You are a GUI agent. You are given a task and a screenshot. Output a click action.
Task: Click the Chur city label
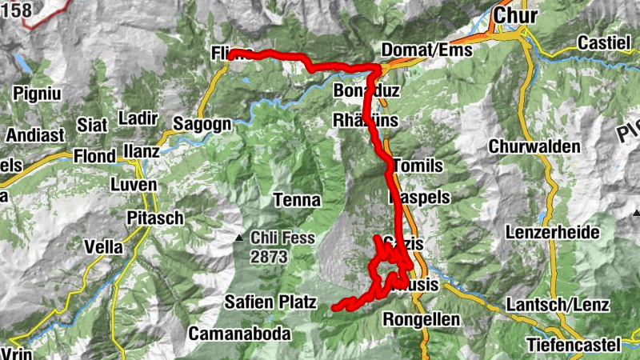[x=517, y=14]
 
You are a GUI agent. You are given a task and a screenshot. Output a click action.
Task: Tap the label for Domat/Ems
[x=427, y=50]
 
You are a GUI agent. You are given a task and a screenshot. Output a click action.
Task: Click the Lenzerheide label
[x=552, y=232]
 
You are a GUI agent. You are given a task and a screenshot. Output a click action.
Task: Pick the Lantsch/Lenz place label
[x=558, y=305]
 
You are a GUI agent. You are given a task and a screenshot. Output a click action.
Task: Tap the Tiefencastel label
[x=574, y=345]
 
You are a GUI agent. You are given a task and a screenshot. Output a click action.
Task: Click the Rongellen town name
[x=422, y=320]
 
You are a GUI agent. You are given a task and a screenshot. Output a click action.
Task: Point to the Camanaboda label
[x=239, y=334]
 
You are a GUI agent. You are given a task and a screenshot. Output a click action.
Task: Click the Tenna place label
[x=297, y=199]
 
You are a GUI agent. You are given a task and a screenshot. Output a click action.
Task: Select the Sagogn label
[x=202, y=124]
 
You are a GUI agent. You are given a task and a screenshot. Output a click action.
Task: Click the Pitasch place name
[x=155, y=218]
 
